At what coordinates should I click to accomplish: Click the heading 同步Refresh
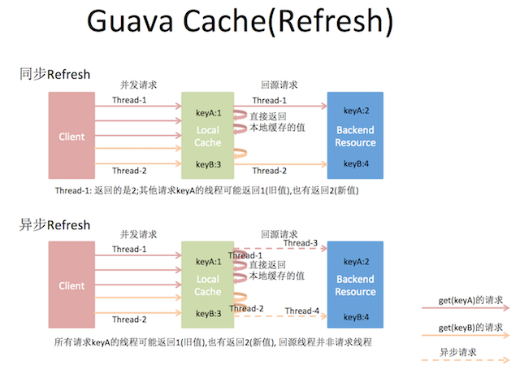click(x=54, y=75)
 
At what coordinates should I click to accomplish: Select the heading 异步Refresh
click(x=54, y=224)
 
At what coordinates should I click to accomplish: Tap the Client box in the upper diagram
click(x=71, y=137)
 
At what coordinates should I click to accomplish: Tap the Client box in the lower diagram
click(x=71, y=285)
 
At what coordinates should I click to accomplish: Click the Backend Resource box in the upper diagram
click(x=355, y=137)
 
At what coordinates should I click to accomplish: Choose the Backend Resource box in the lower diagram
click(x=355, y=285)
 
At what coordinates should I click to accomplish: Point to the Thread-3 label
click(x=301, y=243)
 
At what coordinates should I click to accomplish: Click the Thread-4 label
click(x=302, y=311)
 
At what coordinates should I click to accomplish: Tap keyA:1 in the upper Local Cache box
click(x=208, y=113)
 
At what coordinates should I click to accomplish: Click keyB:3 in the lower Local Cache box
click(x=208, y=313)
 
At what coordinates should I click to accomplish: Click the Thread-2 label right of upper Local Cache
click(x=270, y=171)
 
